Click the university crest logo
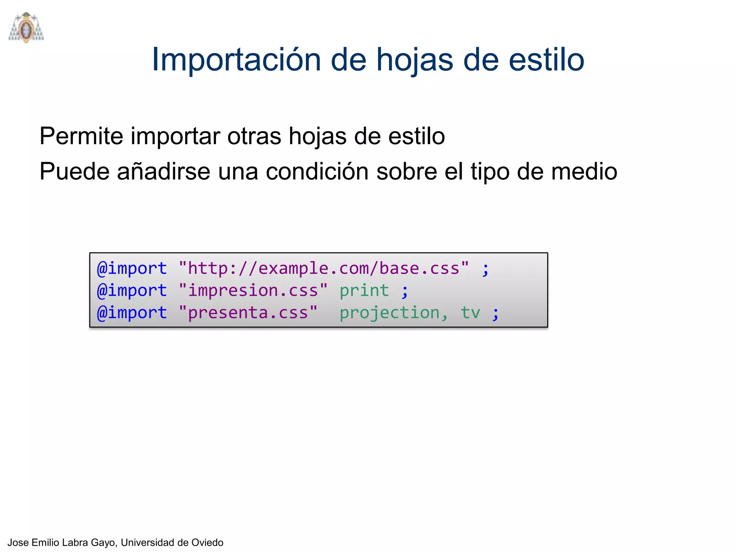pyautogui.click(x=26, y=28)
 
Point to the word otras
pyautogui.click(x=254, y=136)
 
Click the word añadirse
pyautogui.click(x=164, y=171)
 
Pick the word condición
pyautogui.click(x=317, y=171)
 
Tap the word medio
pyautogui.click(x=584, y=171)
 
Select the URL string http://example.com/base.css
pyautogui.click(x=323, y=268)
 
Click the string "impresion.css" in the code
pyautogui.click(x=253, y=290)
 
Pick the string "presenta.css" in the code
pyautogui.click(x=248, y=313)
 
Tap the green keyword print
pyautogui.click(x=364, y=290)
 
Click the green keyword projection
pyautogui.click(x=394, y=313)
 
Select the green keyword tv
pyautogui.click(x=470, y=313)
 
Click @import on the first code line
pyautogui.click(x=132, y=268)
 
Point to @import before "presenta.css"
pyautogui.click(x=132, y=313)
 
